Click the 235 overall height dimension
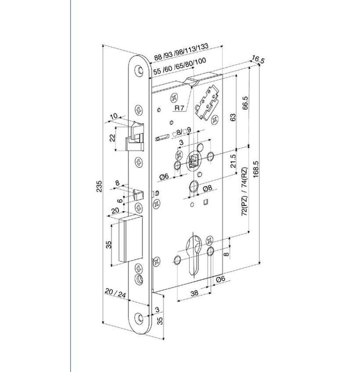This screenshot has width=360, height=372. pos(99,186)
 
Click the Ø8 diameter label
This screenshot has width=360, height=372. pos(207,188)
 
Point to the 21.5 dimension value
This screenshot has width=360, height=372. pos(233,161)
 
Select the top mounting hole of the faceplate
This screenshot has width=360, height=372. pos(140,70)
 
